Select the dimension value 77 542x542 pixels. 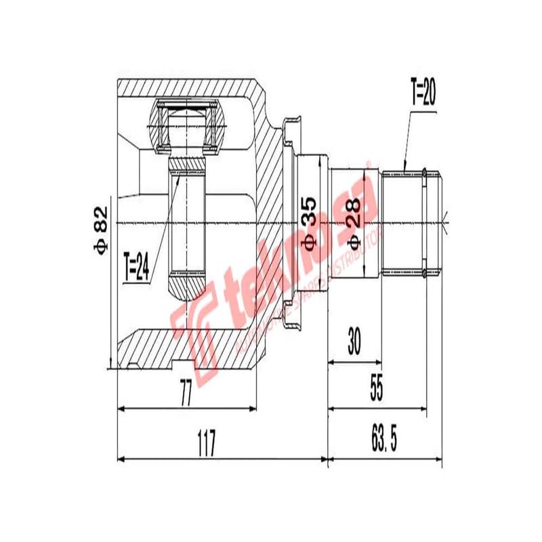click(x=185, y=394)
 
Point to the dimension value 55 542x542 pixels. click(x=377, y=391)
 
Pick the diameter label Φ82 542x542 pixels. click(x=100, y=230)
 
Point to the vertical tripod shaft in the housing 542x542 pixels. click(x=186, y=224)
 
